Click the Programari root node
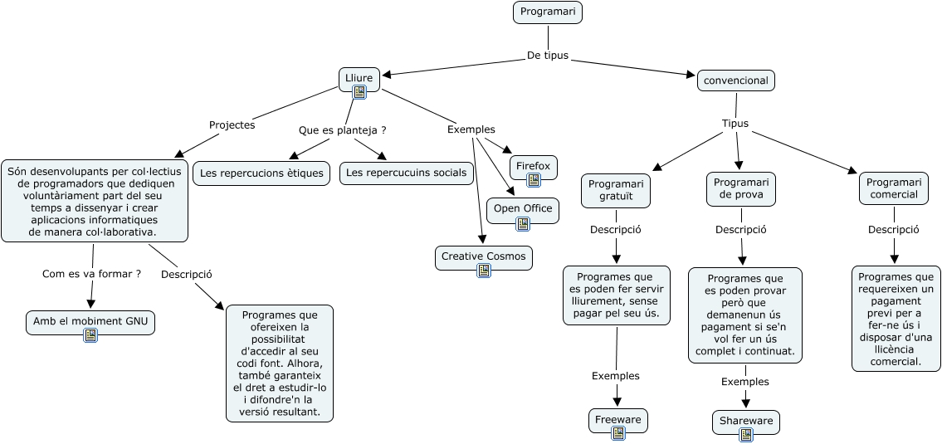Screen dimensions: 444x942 (x=548, y=12)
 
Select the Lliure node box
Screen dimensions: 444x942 (x=359, y=78)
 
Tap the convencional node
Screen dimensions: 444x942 (x=736, y=81)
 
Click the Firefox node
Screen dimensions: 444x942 (x=533, y=166)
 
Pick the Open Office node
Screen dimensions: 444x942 (x=523, y=208)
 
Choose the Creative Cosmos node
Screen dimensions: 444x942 (x=484, y=256)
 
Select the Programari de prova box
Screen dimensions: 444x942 (x=741, y=189)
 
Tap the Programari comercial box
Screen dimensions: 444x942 (x=894, y=188)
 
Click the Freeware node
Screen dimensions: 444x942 (x=618, y=420)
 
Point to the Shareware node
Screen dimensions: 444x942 (x=746, y=421)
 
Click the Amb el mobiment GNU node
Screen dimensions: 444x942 (x=90, y=321)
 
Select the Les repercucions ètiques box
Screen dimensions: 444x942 (x=263, y=173)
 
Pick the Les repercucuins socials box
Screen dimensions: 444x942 (x=407, y=173)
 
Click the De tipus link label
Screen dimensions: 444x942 (x=548, y=56)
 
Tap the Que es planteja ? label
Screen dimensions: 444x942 (x=343, y=130)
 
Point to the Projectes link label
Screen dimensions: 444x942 (x=232, y=125)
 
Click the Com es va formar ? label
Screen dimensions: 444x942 (x=91, y=273)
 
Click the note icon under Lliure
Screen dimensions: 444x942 (x=359, y=92)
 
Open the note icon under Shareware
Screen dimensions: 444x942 (x=746, y=434)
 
